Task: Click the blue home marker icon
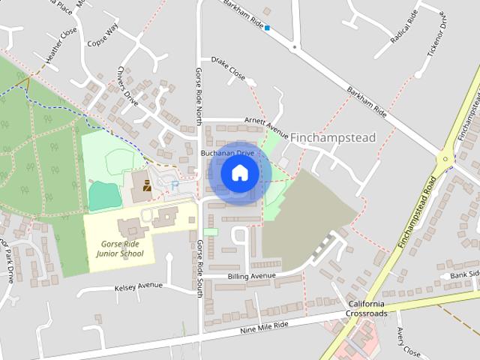pyautogui.click(x=239, y=173)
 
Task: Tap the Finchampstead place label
pyautogui.click(x=332, y=138)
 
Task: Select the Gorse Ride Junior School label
pyautogui.click(x=120, y=249)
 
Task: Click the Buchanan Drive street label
pyautogui.click(x=227, y=153)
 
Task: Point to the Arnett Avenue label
pyautogui.click(x=267, y=121)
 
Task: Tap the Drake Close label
pyautogui.click(x=228, y=67)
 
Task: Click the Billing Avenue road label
pyautogui.click(x=252, y=276)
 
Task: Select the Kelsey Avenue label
pyautogui.click(x=139, y=286)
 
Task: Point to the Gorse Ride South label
pyautogui.click(x=199, y=268)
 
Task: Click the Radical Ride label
pyautogui.click(x=403, y=26)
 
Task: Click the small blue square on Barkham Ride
pyautogui.click(x=267, y=28)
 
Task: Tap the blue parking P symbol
pyautogui.click(x=175, y=185)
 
